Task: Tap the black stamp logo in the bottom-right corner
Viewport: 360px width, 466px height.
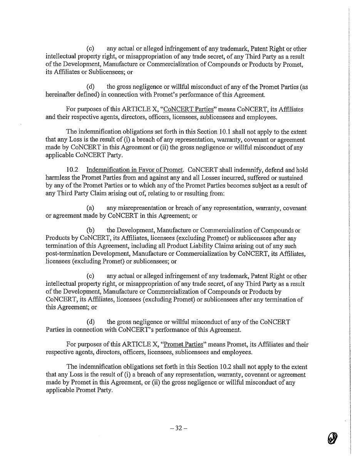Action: [x=333, y=438]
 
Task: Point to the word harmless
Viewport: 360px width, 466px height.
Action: [x=58, y=178]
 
